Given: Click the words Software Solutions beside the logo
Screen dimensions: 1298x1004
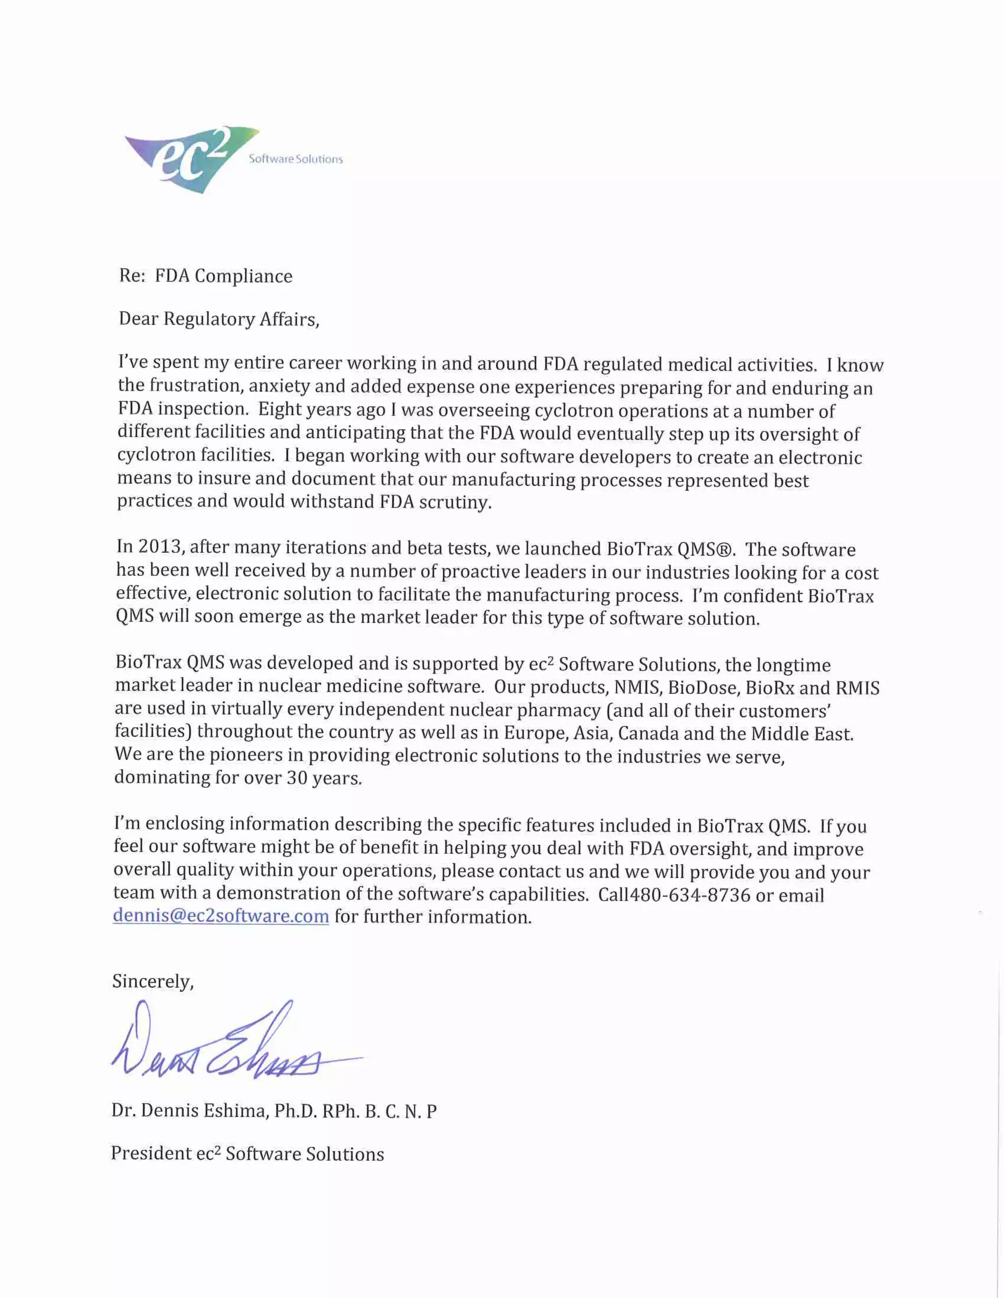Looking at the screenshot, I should (296, 159).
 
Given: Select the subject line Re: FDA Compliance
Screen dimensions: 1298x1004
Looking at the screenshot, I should (206, 276).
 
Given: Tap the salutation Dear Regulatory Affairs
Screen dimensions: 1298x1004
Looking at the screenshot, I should (218, 319).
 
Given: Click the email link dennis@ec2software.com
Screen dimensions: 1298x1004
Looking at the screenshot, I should (221, 916).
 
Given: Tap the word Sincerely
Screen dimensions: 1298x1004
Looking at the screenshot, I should (153, 981).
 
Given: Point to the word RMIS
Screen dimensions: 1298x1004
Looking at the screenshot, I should (857, 688).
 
